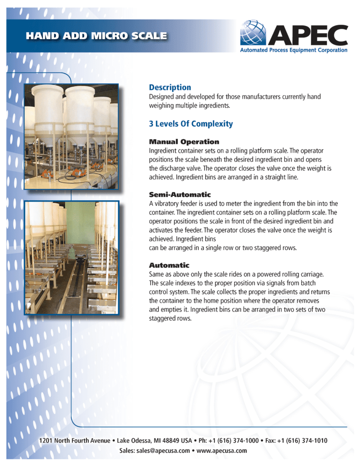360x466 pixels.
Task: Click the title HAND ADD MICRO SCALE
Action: click(x=96, y=35)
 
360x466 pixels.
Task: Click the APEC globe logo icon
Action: click(x=253, y=33)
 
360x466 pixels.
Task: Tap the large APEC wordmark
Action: click(x=308, y=34)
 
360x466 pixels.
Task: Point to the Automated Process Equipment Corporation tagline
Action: click(x=294, y=50)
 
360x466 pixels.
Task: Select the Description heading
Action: click(x=170, y=87)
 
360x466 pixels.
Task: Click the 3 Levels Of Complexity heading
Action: click(x=191, y=124)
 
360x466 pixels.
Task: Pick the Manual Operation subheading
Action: click(x=184, y=142)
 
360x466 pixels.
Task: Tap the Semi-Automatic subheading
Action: click(x=180, y=195)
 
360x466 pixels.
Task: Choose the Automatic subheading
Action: click(x=169, y=265)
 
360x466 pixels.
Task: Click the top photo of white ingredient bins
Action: click(x=71, y=137)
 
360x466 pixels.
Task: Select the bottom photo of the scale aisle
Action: click(x=71, y=258)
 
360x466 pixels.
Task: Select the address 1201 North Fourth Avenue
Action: click(x=75, y=441)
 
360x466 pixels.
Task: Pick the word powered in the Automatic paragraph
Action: click(x=274, y=274)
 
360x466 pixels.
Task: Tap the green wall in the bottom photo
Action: click(x=81, y=223)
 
